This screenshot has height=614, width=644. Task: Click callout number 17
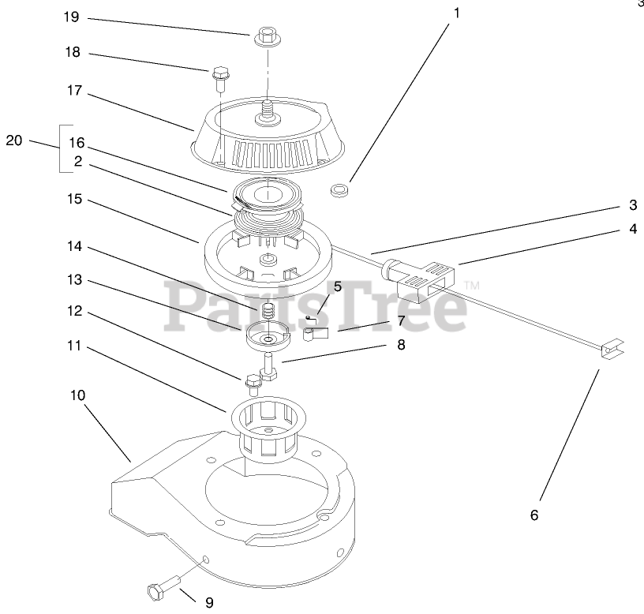click(74, 91)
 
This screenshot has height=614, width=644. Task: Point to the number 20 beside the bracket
click(14, 141)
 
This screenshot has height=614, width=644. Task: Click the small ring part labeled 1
click(340, 189)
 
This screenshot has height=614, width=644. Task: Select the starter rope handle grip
click(419, 277)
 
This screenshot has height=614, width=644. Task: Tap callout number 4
click(633, 230)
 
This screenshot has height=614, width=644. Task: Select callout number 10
click(77, 394)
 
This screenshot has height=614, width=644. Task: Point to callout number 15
click(74, 200)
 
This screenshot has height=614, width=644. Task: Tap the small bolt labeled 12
click(253, 384)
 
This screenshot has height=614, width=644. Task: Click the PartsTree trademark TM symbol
click(471, 284)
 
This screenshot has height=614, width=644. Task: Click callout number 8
click(401, 344)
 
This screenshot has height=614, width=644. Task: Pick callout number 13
click(74, 280)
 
